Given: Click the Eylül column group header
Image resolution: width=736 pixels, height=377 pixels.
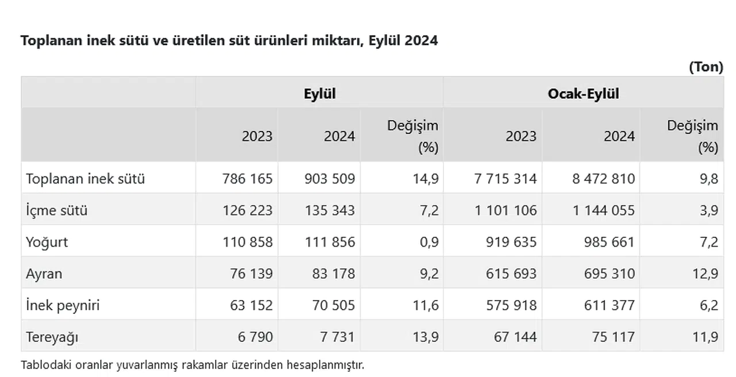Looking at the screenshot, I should pyautogui.click(x=319, y=94).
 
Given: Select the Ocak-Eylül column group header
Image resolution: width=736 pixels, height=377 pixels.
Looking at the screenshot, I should pyautogui.click(x=583, y=94).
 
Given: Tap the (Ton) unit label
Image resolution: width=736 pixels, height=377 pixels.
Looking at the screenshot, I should pyautogui.click(x=706, y=67).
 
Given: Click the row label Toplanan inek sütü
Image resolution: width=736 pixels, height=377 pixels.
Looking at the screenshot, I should pyautogui.click(x=85, y=179).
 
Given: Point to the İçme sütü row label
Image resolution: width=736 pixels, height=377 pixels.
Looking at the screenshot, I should pyautogui.click(x=56, y=210).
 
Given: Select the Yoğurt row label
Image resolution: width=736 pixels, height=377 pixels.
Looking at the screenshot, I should pyautogui.click(x=47, y=242).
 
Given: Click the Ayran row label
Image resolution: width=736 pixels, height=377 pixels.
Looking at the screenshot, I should pyautogui.click(x=44, y=274).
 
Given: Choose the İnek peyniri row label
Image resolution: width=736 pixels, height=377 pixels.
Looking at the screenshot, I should pyautogui.click(x=63, y=305).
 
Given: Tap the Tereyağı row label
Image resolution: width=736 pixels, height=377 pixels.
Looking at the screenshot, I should pyautogui.click(x=52, y=337).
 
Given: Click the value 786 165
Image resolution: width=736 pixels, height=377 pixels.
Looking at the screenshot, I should pyautogui.click(x=247, y=179).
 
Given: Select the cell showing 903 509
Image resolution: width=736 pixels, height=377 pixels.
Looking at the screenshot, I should pyautogui.click(x=329, y=179).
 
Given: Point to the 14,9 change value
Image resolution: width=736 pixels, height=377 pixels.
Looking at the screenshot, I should pyautogui.click(x=426, y=179).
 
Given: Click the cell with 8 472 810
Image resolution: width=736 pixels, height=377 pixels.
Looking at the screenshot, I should pyautogui.click(x=603, y=179).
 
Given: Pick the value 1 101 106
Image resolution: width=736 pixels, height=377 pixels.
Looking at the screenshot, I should pyautogui.click(x=506, y=210).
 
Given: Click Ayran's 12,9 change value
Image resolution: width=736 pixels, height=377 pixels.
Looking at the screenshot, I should pyautogui.click(x=706, y=274).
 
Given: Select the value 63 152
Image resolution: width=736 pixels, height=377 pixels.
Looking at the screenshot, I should pyautogui.click(x=251, y=305).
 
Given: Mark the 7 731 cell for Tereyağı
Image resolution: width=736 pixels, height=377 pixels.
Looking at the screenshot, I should pyautogui.click(x=338, y=337).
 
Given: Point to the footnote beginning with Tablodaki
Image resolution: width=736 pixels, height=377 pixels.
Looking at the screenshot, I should pyautogui.click(x=192, y=364).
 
